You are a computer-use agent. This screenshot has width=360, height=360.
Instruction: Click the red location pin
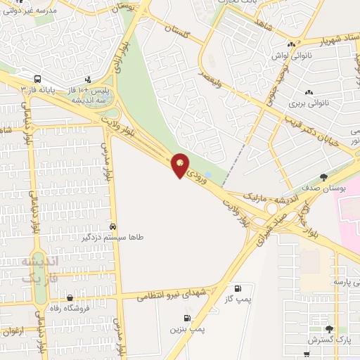pyautogui.click(x=181, y=165)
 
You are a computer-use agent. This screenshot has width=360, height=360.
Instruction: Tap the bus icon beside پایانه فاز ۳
pyautogui.click(x=37, y=79)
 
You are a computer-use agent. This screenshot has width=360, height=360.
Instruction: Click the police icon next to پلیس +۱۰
pyautogui.click(x=88, y=79)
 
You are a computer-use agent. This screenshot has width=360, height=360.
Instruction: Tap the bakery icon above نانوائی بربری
pyautogui.click(x=309, y=92)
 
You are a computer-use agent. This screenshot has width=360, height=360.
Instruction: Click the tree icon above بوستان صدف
pyautogui.click(x=324, y=177)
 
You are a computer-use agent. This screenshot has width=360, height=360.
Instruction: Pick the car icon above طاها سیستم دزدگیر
pyautogui.click(x=113, y=226)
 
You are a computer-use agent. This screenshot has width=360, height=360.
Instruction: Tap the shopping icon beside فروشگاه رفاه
pyautogui.click(x=70, y=297)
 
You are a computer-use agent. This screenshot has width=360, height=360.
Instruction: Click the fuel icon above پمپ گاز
pyautogui.click(x=238, y=288)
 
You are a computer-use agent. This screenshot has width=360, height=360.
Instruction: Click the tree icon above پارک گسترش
pyautogui.click(x=328, y=328)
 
